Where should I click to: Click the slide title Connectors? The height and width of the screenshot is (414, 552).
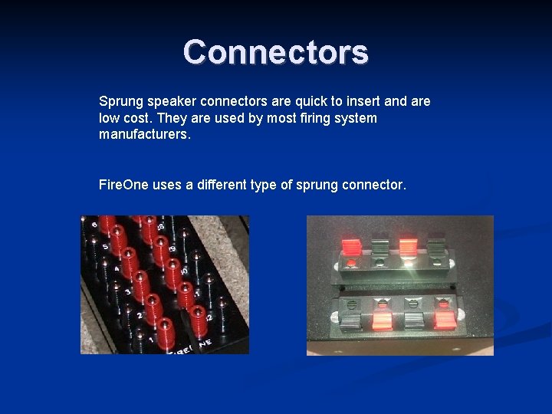[x=276, y=52]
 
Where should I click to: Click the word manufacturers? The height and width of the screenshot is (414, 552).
[x=144, y=135]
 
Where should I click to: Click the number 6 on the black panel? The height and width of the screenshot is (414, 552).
[x=94, y=225]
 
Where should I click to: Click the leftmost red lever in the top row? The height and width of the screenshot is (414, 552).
[x=350, y=247]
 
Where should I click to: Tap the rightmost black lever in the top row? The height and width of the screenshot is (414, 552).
[x=435, y=247]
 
